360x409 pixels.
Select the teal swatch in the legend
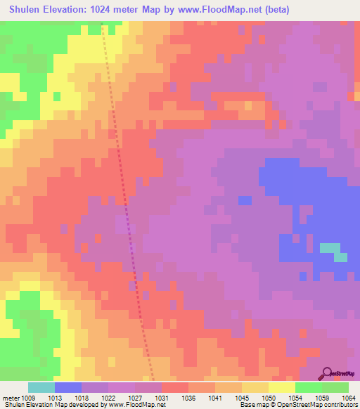tap(41, 387)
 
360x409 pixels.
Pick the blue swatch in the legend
tap(68, 387)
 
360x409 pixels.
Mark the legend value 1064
tap(349, 397)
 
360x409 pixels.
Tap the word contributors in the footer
tap(342, 405)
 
